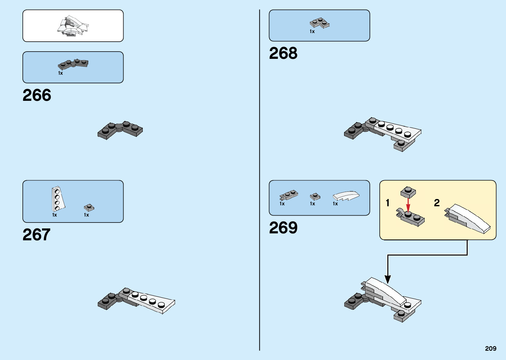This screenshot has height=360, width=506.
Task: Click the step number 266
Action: [37, 95]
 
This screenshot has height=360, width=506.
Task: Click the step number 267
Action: [36, 235]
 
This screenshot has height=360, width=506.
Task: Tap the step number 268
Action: [283, 53]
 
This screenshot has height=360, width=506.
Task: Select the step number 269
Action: [283, 228]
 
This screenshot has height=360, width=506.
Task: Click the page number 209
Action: [490, 348]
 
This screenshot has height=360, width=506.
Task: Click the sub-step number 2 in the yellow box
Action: [437, 203]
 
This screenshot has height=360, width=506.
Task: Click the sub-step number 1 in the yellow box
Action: [387, 203]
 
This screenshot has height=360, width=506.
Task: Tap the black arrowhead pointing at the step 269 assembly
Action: [388, 279]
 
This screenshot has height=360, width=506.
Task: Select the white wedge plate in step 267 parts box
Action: [58, 199]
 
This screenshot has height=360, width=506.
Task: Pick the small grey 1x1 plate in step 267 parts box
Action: [89, 207]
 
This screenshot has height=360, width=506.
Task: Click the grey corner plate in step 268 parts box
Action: [320, 23]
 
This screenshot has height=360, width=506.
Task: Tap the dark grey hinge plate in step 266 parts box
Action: [73, 64]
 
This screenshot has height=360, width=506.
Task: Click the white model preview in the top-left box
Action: [73, 25]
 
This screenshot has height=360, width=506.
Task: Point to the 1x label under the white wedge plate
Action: [55, 215]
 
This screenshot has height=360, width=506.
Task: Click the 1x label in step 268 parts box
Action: [312, 31]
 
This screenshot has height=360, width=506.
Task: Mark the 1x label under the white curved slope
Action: [335, 204]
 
